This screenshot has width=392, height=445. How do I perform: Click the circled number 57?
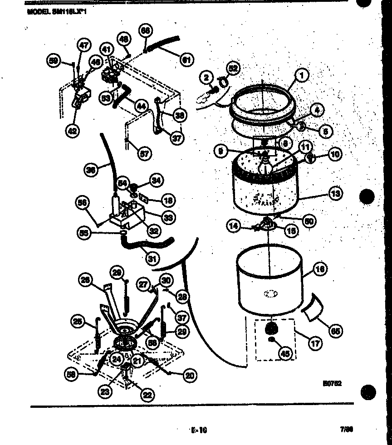click(143, 155)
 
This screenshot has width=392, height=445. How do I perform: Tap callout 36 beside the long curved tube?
click(91, 170)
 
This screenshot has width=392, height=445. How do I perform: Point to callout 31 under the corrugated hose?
click(152, 259)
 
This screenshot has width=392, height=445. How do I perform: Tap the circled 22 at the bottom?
click(147, 395)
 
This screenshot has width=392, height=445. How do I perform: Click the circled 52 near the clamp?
click(233, 68)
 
